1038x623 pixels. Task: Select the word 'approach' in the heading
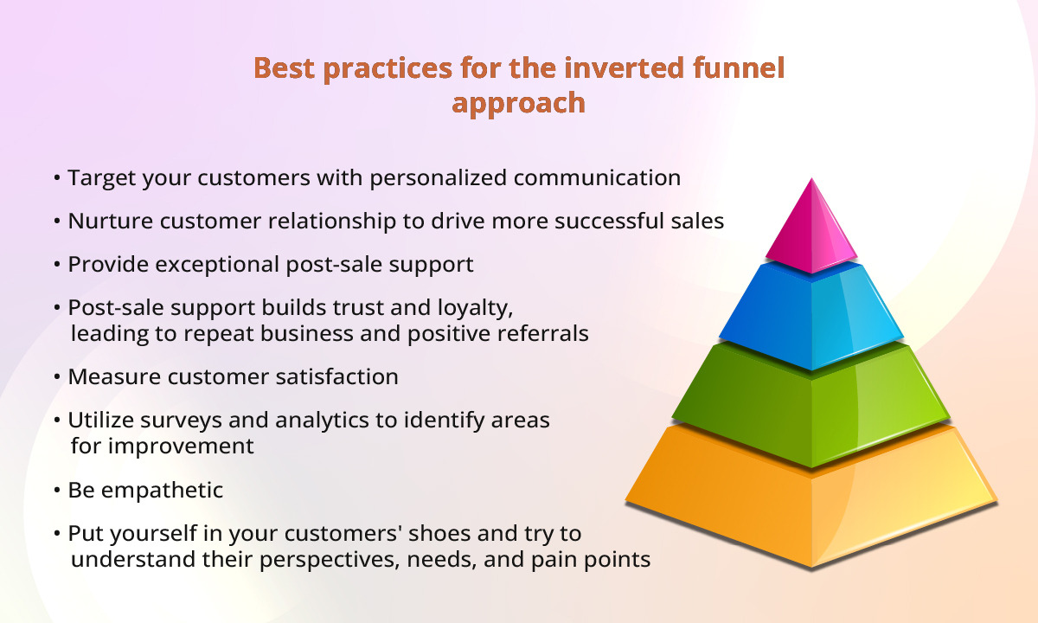(x=519, y=103)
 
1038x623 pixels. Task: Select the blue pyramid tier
(x=811, y=316)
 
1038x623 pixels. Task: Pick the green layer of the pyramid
(x=811, y=402)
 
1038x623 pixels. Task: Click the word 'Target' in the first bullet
(x=99, y=178)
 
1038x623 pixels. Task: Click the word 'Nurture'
(x=106, y=222)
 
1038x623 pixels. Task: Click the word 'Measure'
(x=107, y=377)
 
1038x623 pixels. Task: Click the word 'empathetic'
(x=162, y=491)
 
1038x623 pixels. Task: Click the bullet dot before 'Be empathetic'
(x=57, y=491)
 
